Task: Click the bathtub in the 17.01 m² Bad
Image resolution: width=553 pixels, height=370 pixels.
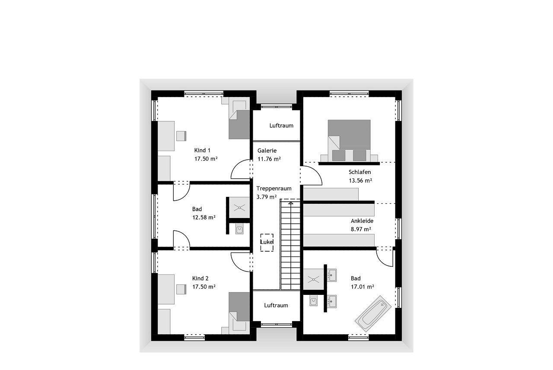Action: coord(373,314)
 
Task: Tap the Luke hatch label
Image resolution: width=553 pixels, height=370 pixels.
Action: coord(267,242)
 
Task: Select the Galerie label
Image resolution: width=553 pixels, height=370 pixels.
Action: coord(267,151)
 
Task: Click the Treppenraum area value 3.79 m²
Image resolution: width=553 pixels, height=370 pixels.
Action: coord(267,197)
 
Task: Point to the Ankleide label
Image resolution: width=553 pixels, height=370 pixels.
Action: coord(362,221)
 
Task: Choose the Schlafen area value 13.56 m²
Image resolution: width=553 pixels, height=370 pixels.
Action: coord(360,180)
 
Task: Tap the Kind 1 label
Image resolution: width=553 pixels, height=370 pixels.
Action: coord(202,150)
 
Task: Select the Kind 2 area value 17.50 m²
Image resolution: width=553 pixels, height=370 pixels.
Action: coord(203,287)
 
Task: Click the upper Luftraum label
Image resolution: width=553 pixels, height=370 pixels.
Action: coord(281,126)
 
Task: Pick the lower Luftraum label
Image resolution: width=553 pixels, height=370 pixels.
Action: coord(276,305)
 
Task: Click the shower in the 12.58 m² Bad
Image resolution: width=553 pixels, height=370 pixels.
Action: coord(239,208)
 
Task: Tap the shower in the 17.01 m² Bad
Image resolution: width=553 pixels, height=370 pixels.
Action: coord(313,279)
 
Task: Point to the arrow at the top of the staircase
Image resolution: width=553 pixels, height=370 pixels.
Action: coord(291,203)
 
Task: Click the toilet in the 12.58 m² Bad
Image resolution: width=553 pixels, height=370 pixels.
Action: coord(239,229)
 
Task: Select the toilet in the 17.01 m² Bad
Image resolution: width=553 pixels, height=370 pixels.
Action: coord(314,300)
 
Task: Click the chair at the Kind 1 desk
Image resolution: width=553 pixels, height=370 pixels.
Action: coord(181,136)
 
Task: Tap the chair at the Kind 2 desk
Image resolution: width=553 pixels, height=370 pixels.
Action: coord(181,289)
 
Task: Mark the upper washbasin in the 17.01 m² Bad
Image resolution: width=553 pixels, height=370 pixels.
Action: coord(331,275)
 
